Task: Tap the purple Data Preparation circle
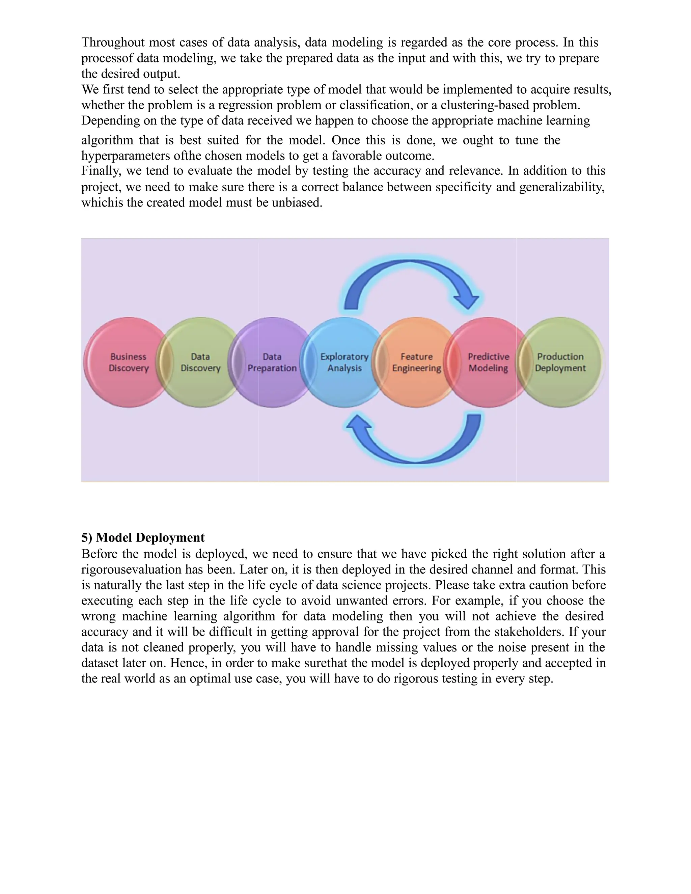(272, 362)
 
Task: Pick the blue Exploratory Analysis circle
(344, 362)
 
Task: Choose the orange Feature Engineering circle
(416, 362)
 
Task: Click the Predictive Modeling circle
(488, 362)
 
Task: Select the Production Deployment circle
(560, 362)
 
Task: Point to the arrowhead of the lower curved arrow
(359, 424)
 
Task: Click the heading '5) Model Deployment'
(143, 537)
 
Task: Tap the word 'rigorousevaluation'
(131, 569)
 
